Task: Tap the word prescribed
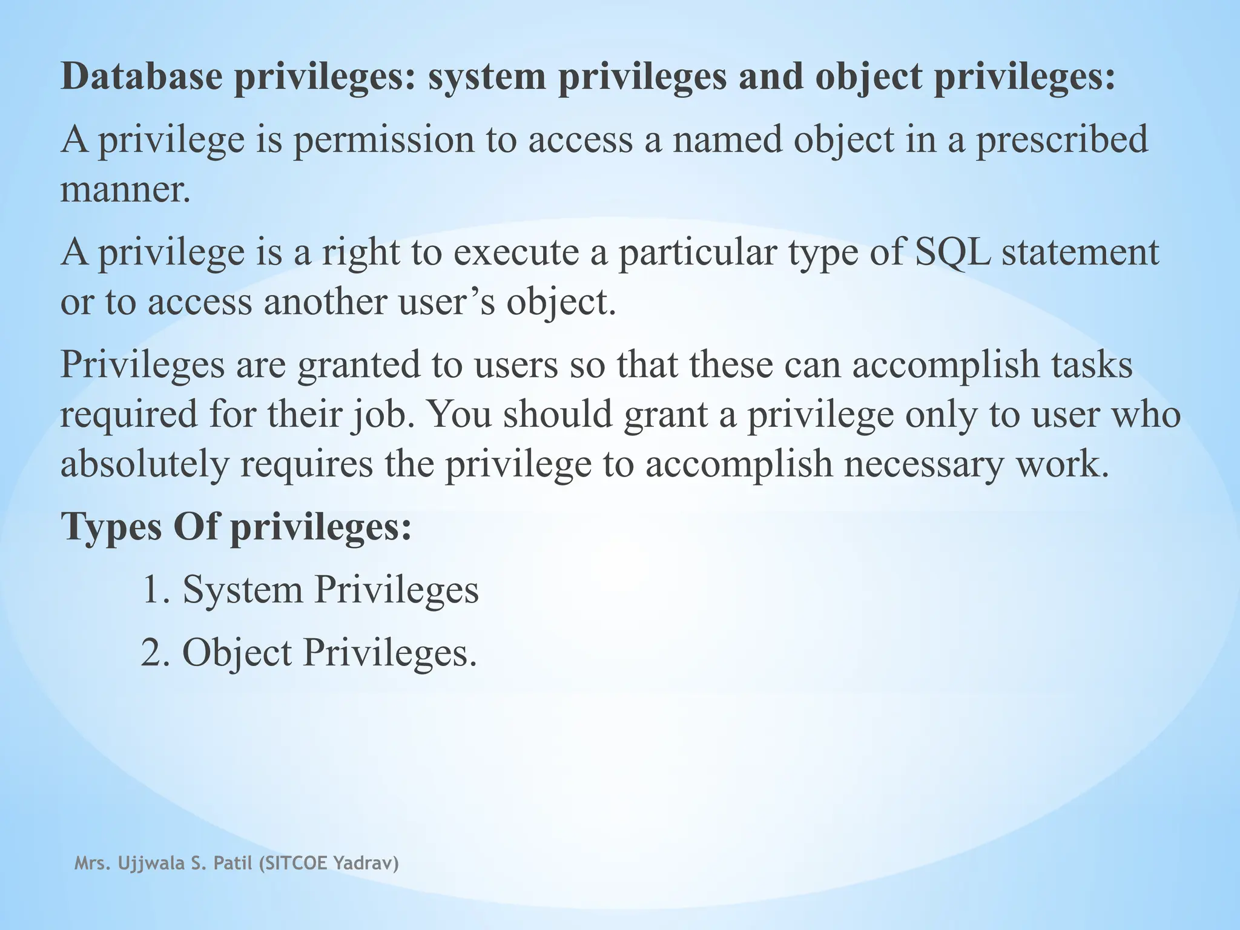coord(1062,140)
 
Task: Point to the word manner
coord(125,190)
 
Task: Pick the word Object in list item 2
coord(237,653)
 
